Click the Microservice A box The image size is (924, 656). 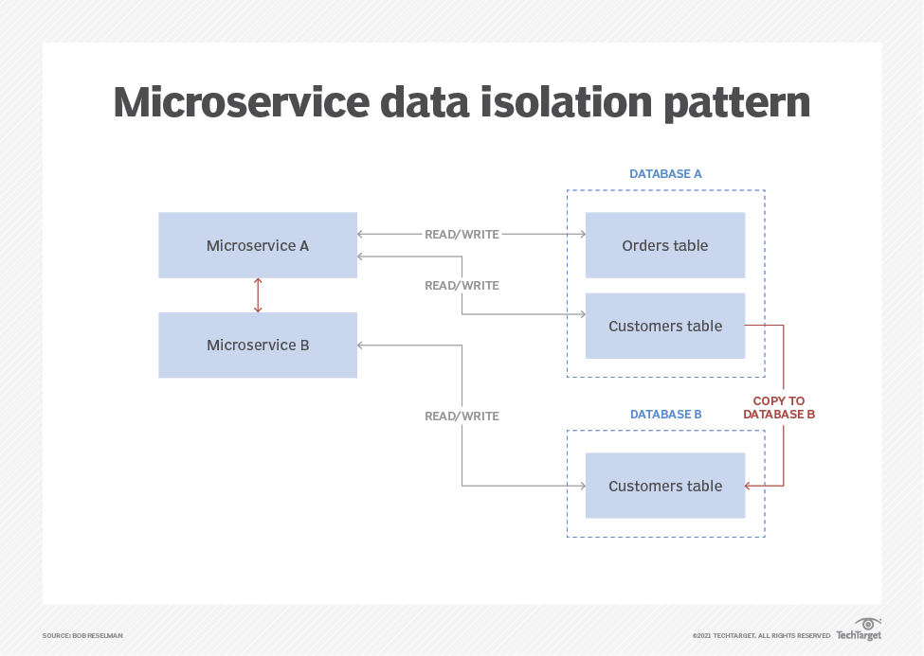click(x=258, y=245)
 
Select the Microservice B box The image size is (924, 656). click(x=258, y=346)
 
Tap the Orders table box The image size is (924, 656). click(x=664, y=245)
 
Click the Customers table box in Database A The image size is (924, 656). click(x=664, y=326)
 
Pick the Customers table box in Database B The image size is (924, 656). click(x=664, y=486)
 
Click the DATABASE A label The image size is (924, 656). click(x=665, y=174)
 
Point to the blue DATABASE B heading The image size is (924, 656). click(x=665, y=415)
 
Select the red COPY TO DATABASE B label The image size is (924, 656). click(x=779, y=408)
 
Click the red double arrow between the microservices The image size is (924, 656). click(x=258, y=295)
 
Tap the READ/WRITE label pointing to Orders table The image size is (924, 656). click(x=462, y=234)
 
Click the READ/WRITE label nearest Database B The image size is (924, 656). click(x=462, y=416)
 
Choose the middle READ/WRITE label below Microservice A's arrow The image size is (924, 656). click(x=462, y=285)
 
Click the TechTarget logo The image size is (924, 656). click(x=859, y=629)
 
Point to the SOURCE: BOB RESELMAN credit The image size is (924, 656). click(x=82, y=635)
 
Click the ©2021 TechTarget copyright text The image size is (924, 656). click(x=761, y=635)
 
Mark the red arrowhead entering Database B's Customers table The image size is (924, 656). click(x=749, y=486)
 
